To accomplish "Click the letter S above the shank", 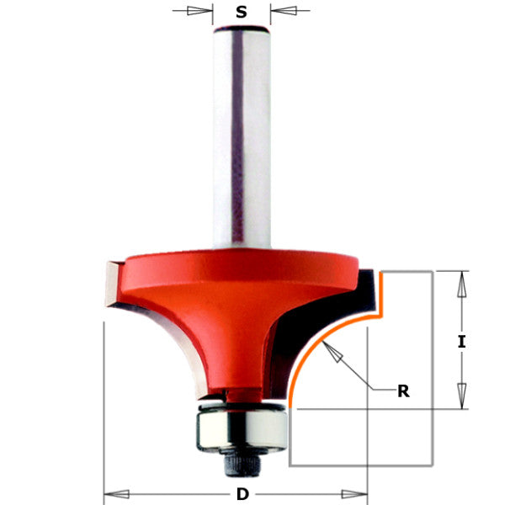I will point(242,12).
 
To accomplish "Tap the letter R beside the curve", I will point(404,390).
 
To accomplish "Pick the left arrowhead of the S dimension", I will point(200,12).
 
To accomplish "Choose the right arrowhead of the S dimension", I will point(283,12).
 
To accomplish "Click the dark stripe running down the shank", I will point(239,135).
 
